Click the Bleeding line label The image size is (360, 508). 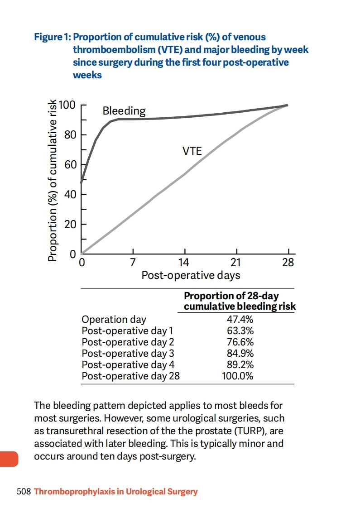pos(124,110)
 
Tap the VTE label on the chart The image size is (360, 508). pos(192,151)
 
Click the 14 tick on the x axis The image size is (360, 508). pos(184,263)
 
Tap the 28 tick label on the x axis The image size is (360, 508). pos(288,263)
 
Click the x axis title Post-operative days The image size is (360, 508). pos(191,275)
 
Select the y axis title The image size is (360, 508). pos(53,181)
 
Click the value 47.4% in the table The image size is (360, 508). pos(240,319)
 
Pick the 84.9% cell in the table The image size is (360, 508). pos(240,353)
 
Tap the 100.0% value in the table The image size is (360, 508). pos(237,376)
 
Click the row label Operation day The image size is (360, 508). pos(114,319)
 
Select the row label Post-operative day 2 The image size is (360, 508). pos(128,342)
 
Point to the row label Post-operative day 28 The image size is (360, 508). pos(130,376)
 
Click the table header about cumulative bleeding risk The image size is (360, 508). pos(239,301)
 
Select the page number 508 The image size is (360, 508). pos(23,491)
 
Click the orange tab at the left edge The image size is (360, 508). pos(9,459)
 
